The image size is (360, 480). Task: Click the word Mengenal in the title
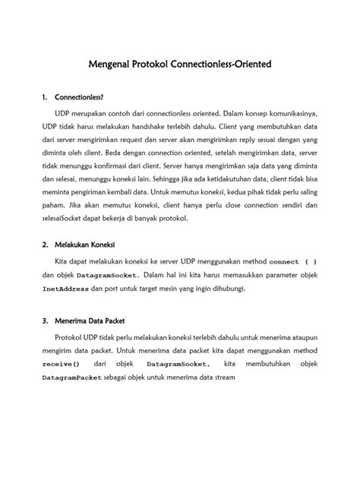point(112,66)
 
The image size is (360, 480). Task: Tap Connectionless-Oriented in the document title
point(229,66)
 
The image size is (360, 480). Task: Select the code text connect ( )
point(292,262)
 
